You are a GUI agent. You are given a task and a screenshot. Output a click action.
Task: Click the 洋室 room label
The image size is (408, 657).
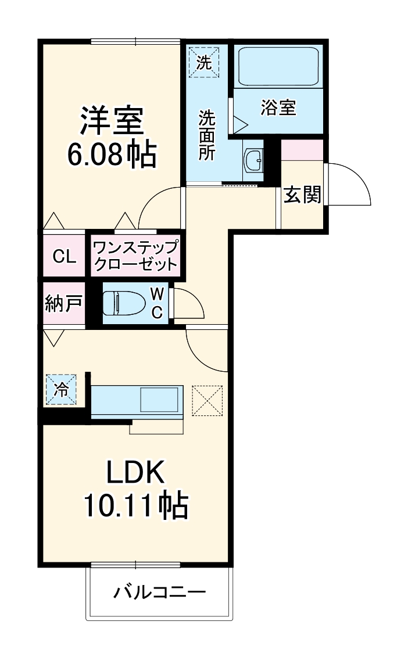(x=112, y=120)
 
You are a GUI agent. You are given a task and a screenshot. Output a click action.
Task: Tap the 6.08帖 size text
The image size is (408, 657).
(x=112, y=154)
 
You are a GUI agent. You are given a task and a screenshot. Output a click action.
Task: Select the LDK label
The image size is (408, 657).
(x=135, y=474)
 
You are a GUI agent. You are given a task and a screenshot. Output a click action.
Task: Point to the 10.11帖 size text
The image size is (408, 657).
(x=136, y=507)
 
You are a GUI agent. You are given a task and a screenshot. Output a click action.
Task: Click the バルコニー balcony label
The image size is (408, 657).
(x=160, y=593)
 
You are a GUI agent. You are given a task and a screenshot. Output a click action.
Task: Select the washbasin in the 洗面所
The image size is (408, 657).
(x=253, y=160)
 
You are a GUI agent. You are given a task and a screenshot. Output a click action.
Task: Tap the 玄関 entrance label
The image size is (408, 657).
(x=302, y=195)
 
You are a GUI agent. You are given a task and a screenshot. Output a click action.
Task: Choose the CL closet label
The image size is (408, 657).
(x=65, y=257)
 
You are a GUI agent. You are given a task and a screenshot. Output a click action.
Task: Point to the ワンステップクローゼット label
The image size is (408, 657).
(x=135, y=256)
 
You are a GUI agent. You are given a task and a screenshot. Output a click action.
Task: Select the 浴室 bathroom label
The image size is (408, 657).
(x=278, y=107)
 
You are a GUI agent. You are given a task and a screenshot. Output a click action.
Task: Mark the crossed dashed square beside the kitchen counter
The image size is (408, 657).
(x=207, y=401)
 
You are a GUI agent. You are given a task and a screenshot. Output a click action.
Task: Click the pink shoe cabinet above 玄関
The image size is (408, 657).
(x=302, y=150)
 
